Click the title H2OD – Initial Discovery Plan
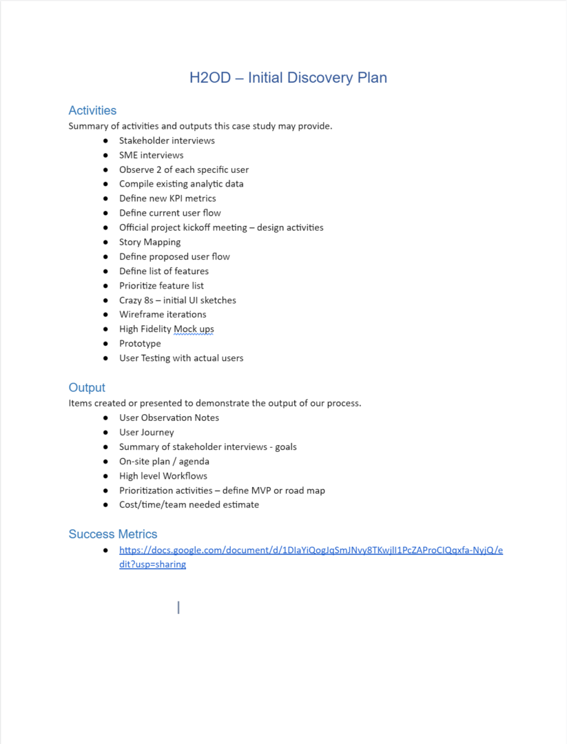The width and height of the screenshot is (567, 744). pos(288,77)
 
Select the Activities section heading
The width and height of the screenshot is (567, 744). pos(92,110)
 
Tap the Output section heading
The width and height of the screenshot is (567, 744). pos(87,387)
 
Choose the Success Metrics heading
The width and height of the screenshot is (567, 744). pos(113,534)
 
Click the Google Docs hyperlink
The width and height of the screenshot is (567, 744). pos(311,550)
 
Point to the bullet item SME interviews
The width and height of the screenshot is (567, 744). pos(151,155)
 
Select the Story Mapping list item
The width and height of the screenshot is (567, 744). pos(150,242)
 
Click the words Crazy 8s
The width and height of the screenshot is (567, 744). pos(136,300)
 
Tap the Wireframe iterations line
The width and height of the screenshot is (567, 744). pos(163,314)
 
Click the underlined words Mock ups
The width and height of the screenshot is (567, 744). pos(194,329)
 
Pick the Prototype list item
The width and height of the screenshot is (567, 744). pos(140,344)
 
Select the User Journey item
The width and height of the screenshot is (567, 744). pos(146,433)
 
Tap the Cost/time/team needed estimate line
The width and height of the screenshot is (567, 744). pos(189,505)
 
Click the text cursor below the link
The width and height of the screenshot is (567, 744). pos(178,607)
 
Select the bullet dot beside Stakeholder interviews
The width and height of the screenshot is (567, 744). pos(105,141)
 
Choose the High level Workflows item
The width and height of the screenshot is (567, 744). pos(163,476)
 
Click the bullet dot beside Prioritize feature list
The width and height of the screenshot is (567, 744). pos(105,286)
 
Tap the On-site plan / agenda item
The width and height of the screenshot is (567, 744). pos(164,462)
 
